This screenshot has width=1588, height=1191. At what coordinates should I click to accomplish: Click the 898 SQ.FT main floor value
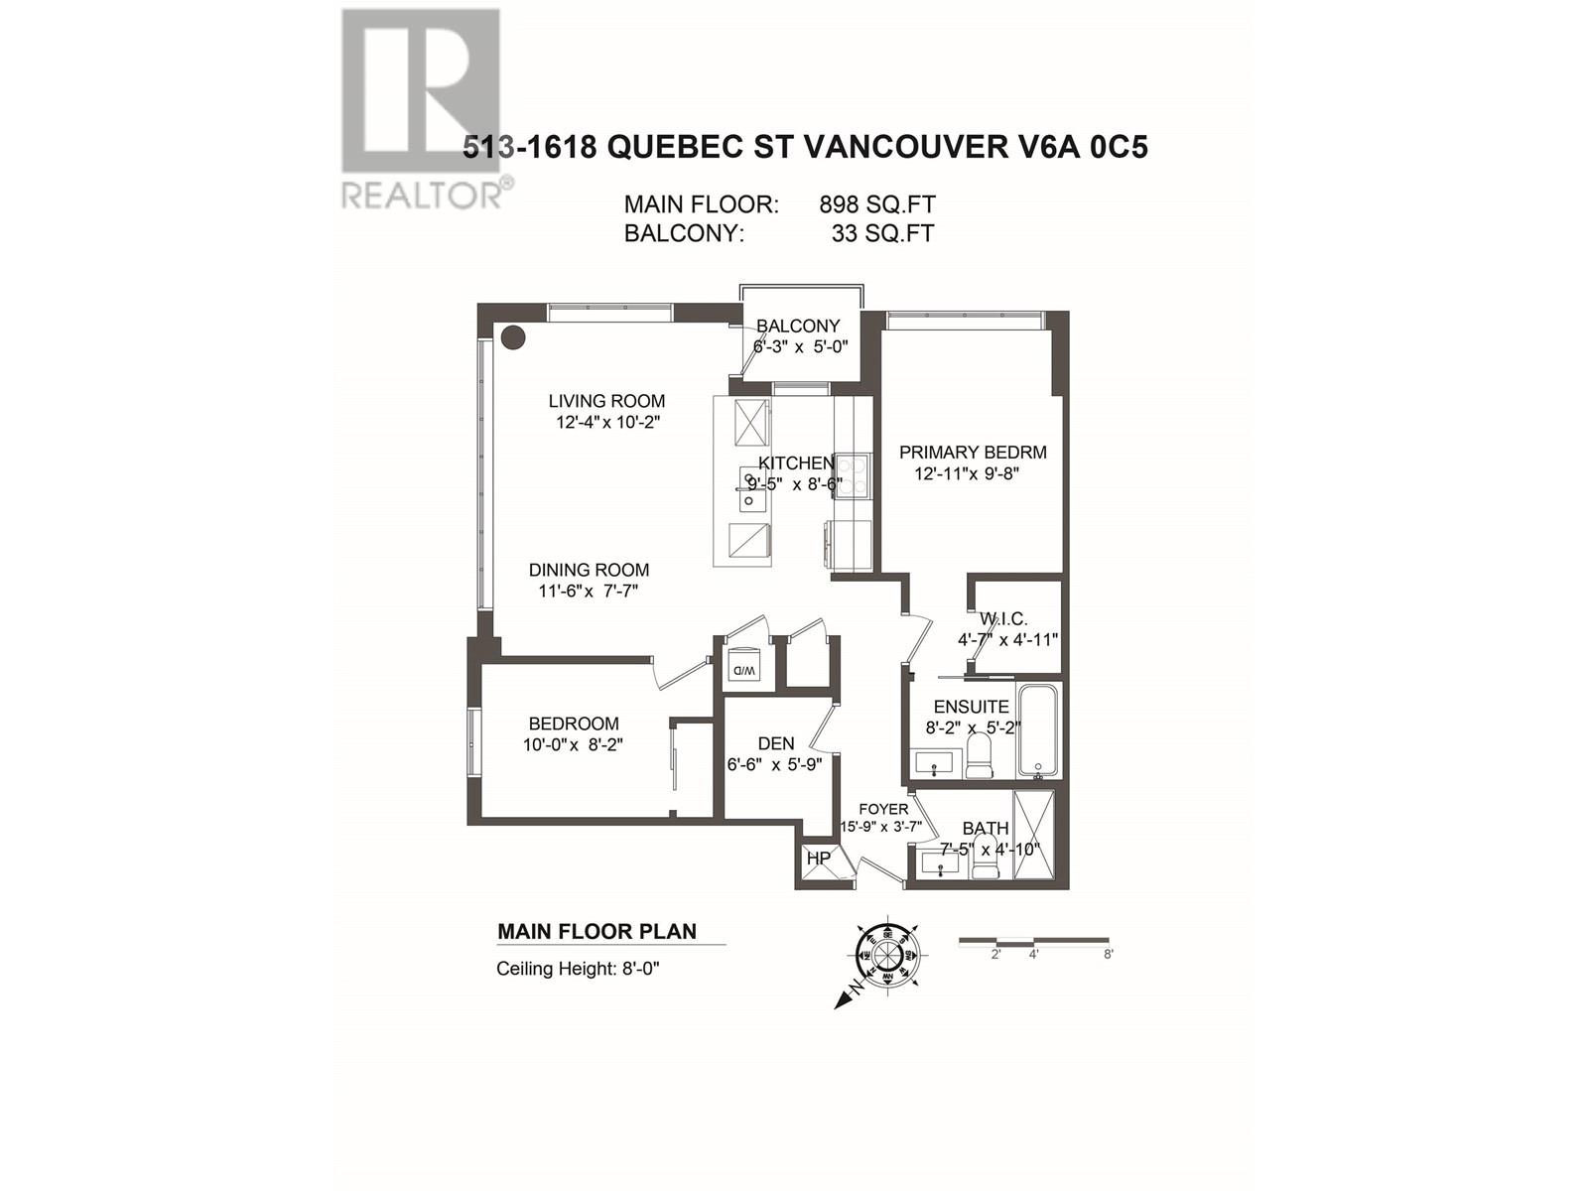click(876, 204)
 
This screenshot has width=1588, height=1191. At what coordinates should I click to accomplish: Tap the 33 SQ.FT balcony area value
click(882, 234)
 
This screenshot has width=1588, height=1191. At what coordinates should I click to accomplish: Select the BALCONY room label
click(798, 326)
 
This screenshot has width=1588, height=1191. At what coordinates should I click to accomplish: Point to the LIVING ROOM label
click(606, 401)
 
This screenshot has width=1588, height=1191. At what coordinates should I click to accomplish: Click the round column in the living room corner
click(512, 337)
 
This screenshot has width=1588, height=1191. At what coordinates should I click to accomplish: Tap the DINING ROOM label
click(589, 570)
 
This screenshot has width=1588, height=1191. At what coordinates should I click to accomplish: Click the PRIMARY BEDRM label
click(973, 453)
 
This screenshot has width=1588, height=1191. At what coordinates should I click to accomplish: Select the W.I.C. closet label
click(1002, 618)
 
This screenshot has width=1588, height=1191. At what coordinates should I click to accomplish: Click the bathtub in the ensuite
click(1039, 729)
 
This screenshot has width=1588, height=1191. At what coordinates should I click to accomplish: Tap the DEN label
click(775, 743)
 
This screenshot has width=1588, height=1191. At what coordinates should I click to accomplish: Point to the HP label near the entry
click(819, 858)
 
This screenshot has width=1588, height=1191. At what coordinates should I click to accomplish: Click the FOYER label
click(883, 809)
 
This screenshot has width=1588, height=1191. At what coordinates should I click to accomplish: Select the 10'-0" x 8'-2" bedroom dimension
click(573, 745)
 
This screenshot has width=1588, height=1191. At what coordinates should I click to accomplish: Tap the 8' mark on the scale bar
click(1108, 954)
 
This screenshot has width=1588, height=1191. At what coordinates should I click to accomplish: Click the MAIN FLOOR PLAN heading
click(596, 931)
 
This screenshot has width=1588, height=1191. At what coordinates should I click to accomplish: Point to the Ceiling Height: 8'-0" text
click(578, 969)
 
